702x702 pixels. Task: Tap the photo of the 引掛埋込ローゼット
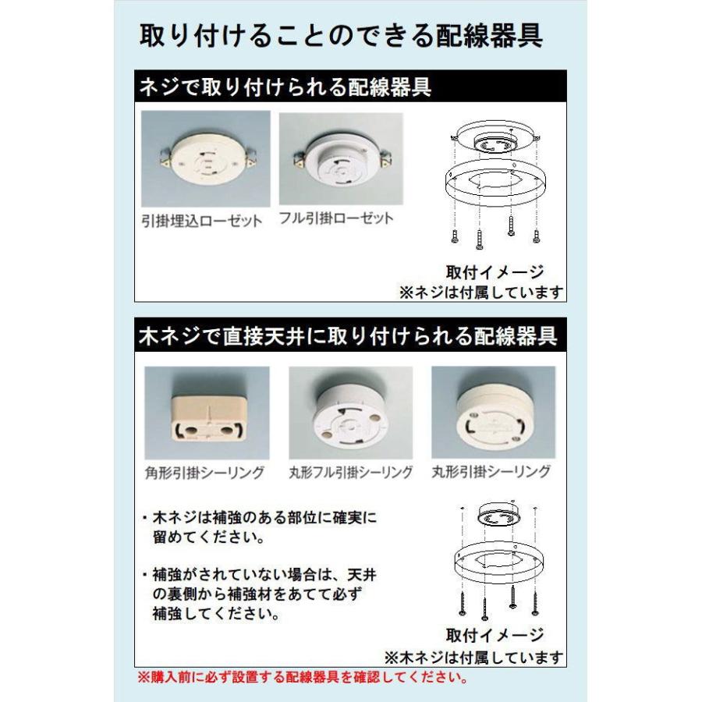(206, 160)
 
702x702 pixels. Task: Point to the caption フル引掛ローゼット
(336, 218)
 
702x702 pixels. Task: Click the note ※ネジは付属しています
(481, 292)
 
